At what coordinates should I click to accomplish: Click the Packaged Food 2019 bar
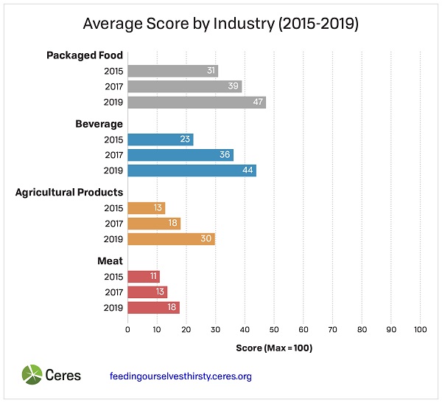coord(196,103)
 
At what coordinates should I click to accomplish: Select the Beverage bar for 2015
coord(160,139)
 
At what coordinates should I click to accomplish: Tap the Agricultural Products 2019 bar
coord(171,239)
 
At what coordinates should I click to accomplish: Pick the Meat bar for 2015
coord(143,277)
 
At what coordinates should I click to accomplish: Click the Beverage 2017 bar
coord(180,155)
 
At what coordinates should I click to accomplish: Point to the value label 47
coord(258,103)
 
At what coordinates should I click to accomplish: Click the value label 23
coord(185,139)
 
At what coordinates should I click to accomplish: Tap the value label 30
coord(207,239)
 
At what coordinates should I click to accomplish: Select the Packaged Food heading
coord(85,55)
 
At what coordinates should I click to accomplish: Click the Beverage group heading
coord(99,124)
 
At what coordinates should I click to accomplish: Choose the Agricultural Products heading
coord(69,193)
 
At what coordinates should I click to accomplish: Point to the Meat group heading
coord(110,261)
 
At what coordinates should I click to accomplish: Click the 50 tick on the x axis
coord(274,329)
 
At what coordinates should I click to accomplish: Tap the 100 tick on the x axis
coord(421,329)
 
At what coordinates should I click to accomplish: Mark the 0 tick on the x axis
coord(127,329)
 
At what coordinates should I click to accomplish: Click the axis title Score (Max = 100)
coord(274,348)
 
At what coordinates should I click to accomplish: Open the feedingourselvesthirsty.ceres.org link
coord(180,376)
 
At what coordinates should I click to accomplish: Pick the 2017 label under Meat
coord(113,292)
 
